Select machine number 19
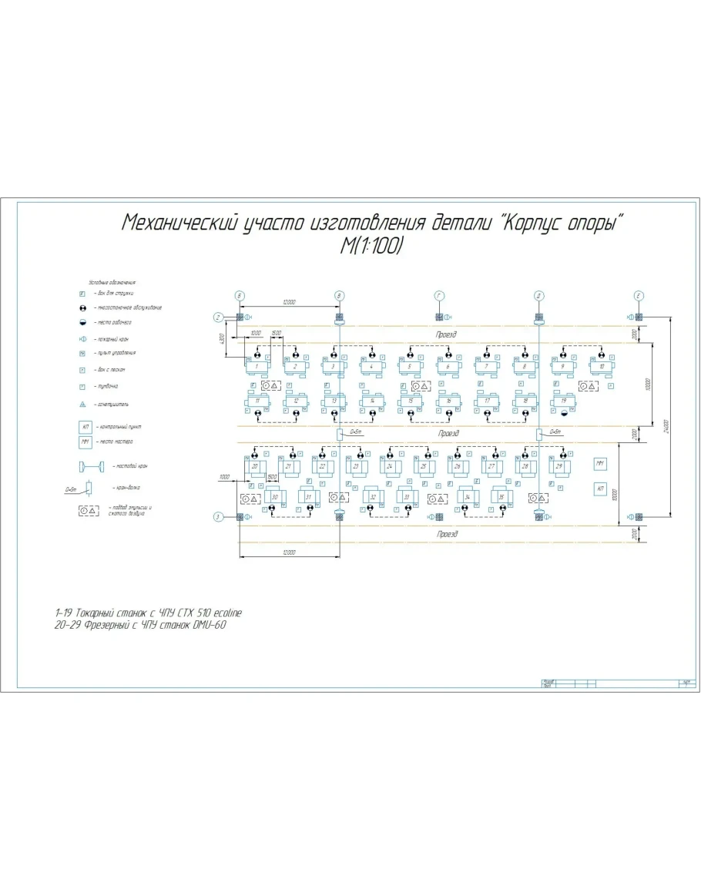click(x=565, y=401)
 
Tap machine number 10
click(x=602, y=366)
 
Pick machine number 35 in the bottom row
click(x=501, y=497)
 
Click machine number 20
click(x=254, y=466)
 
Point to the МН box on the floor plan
click(x=600, y=463)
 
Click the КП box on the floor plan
click(x=600, y=489)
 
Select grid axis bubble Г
click(x=439, y=295)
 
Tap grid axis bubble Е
click(x=639, y=295)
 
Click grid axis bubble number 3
click(x=219, y=516)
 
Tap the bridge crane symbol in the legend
click(x=90, y=466)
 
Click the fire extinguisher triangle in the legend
click(x=81, y=404)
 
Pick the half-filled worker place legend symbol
click(x=81, y=322)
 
